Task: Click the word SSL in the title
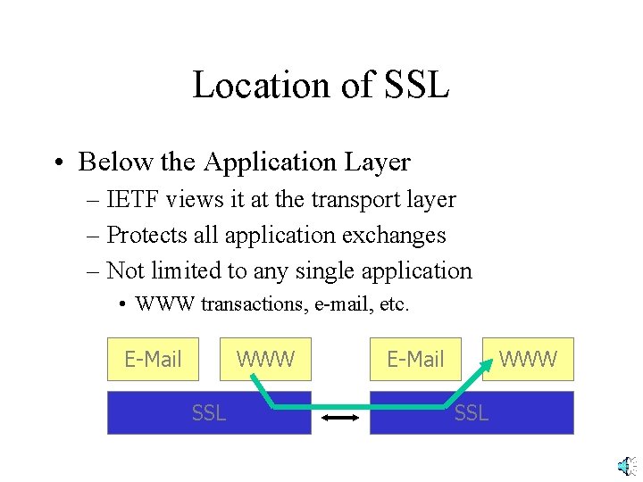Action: pos(415,86)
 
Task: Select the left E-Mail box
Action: pos(153,360)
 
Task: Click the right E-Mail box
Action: pos(415,360)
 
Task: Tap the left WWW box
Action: pos(265,360)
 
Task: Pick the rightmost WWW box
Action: pos(528,360)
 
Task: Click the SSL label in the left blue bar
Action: pos(209,412)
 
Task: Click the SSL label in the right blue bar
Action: pos(472,412)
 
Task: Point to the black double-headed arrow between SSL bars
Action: pos(340,418)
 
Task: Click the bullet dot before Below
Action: pos(58,163)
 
